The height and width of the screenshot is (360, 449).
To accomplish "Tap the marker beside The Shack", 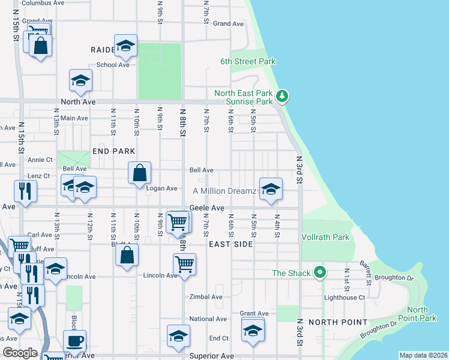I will [x=321, y=273].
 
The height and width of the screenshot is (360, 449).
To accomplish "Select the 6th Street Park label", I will [x=247, y=61].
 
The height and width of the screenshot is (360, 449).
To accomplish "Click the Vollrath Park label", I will [x=325, y=237].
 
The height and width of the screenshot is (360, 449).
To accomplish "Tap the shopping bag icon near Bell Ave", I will [x=139, y=173].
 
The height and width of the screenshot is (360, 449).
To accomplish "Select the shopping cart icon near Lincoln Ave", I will [x=184, y=263].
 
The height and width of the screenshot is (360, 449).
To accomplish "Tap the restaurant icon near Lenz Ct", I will [x=25, y=191].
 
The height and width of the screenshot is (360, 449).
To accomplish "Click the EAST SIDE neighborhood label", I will [x=231, y=245].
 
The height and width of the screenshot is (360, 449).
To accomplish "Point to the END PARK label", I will [x=113, y=151].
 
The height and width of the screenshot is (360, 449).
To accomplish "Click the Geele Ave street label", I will [x=206, y=208].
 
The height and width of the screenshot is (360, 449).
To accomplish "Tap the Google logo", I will [x=20, y=353].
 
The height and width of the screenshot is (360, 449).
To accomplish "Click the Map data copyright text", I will [x=424, y=355].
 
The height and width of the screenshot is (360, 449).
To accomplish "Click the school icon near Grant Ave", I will [x=253, y=329].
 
